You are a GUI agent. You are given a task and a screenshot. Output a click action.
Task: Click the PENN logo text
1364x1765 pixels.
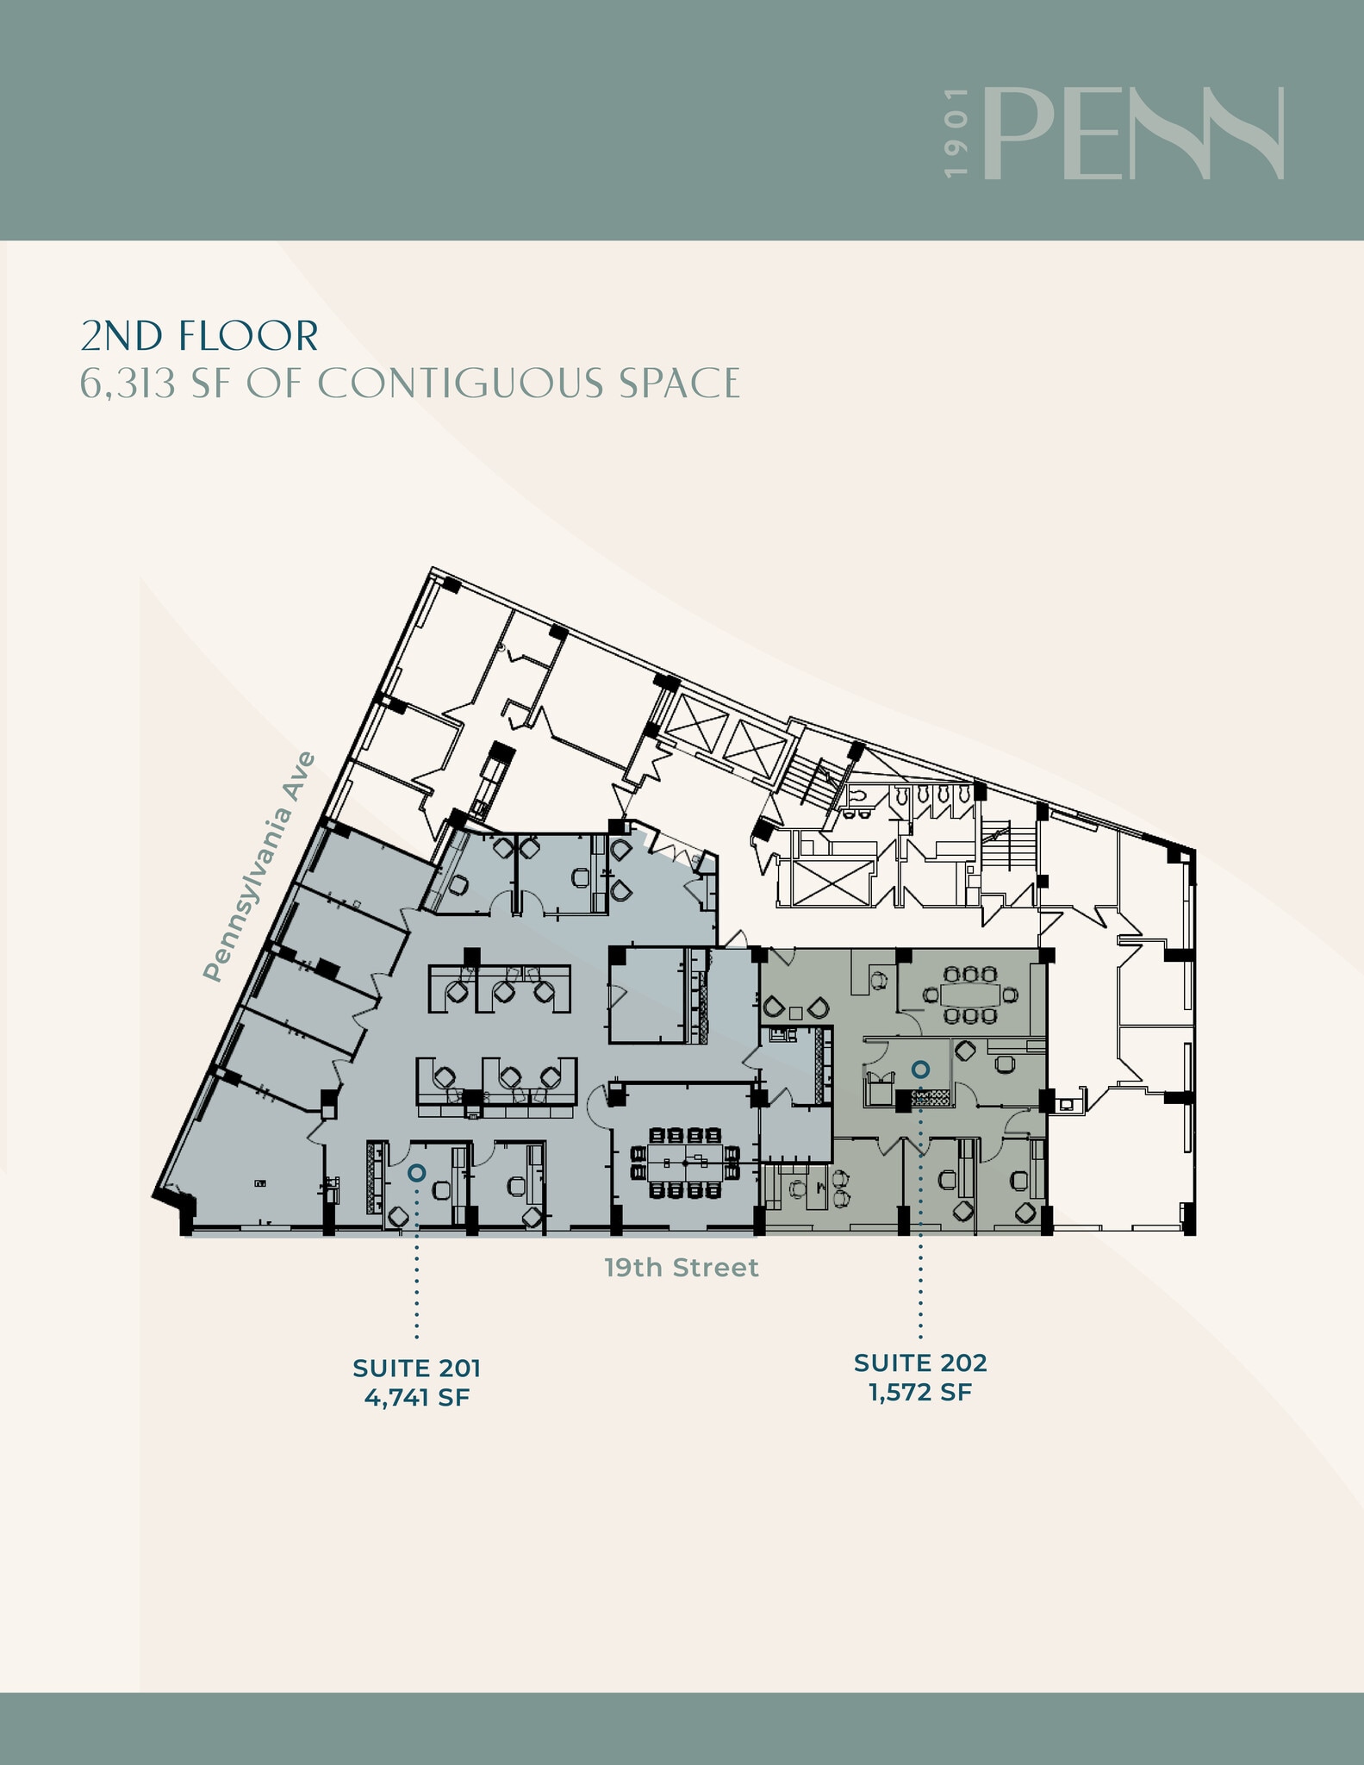coord(1133,134)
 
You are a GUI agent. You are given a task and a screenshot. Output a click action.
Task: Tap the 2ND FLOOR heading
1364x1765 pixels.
coord(199,336)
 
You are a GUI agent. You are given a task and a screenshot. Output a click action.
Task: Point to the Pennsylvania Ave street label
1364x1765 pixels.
coord(258,867)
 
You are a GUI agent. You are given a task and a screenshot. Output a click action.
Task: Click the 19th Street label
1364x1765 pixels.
coord(681,1268)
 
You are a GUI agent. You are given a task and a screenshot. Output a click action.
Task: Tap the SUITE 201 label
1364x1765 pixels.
coord(416,1368)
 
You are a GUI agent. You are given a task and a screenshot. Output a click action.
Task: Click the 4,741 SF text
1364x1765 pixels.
coord(416,1397)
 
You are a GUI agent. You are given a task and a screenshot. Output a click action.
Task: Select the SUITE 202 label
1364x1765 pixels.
coord(920,1363)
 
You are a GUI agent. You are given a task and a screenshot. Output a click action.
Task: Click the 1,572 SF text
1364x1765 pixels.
coord(920,1392)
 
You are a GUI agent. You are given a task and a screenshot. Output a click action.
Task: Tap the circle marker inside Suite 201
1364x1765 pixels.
coord(416,1173)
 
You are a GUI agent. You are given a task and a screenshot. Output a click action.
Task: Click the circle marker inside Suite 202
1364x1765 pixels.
coord(920,1070)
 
